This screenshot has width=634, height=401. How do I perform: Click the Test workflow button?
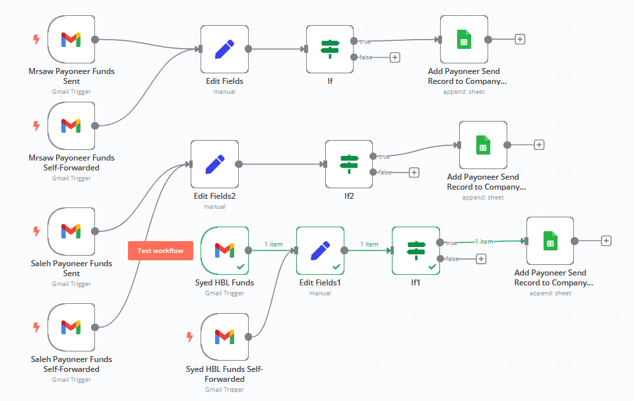click(160, 251)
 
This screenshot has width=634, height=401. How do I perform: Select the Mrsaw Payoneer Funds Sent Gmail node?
click(71, 40)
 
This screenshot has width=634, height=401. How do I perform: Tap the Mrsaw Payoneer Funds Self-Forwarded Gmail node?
click(71, 126)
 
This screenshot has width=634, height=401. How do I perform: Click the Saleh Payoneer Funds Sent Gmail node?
click(71, 231)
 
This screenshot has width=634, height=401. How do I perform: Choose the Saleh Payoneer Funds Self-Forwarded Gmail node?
click(71, 327)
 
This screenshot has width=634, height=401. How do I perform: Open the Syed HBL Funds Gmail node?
click(224, 250)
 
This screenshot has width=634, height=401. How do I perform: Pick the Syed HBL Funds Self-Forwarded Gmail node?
click(224, 337)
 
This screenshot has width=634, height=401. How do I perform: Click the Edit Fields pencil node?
click(224, 49)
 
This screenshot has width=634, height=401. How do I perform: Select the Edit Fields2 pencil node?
click(215, 164)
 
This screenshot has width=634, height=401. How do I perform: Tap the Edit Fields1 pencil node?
click(320, 250)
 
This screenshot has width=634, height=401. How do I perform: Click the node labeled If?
click(330, 49)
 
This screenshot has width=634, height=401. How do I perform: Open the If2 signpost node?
click(349, 164)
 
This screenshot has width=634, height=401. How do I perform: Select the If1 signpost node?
click(416, 250)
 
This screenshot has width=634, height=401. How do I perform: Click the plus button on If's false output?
click(395, 57)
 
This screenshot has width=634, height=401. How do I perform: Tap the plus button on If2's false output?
click(414, 172)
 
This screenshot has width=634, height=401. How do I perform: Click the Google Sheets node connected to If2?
click(483, 145)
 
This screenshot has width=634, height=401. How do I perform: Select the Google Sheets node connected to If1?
click(550, 241)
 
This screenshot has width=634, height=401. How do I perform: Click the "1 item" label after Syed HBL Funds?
click(273, 244)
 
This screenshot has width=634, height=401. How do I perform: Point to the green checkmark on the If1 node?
click(432, 266)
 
